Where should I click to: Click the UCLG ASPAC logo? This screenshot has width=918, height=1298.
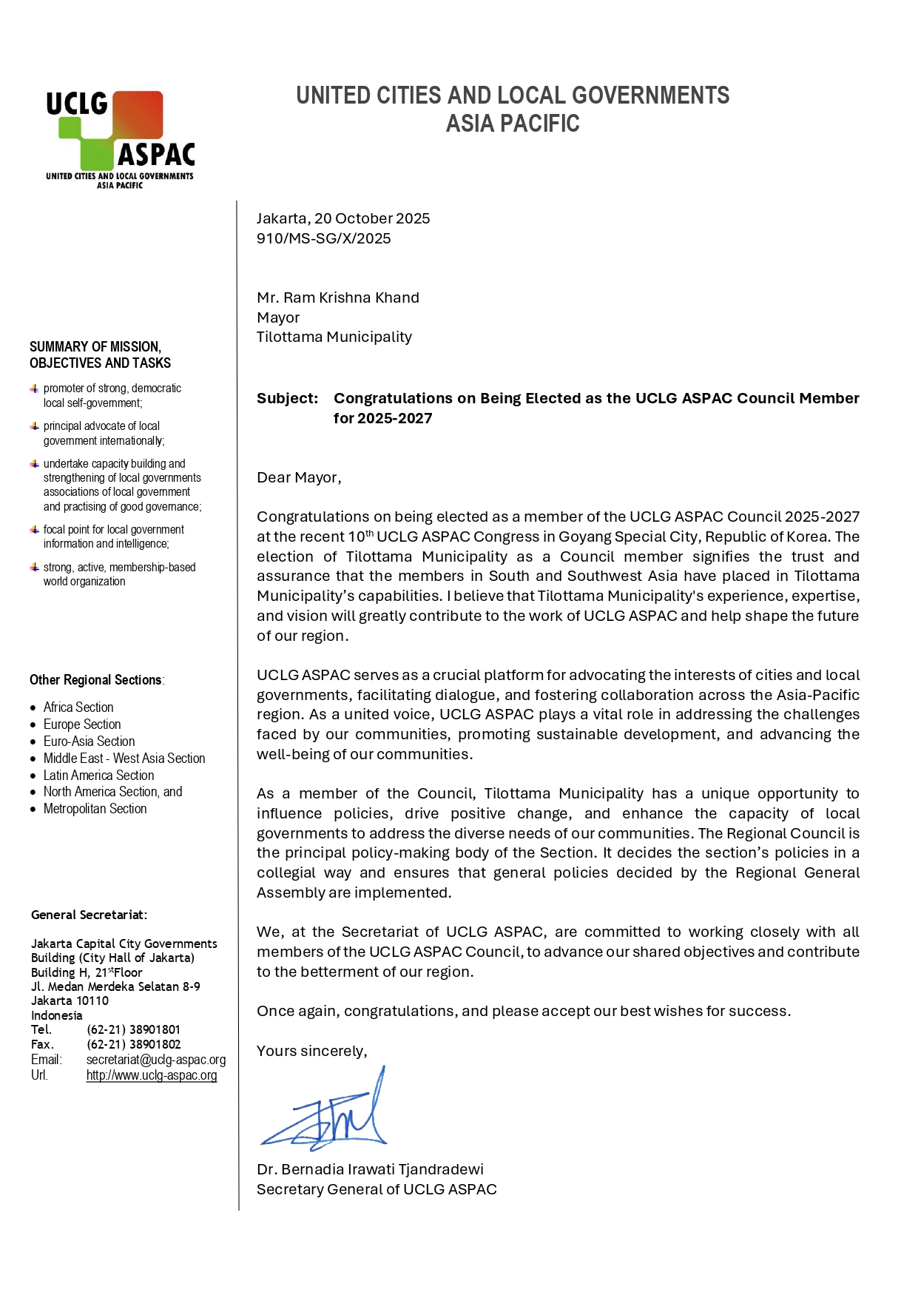120,139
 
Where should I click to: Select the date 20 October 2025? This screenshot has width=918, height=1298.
371,218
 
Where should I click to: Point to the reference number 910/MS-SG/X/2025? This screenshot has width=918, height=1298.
323,238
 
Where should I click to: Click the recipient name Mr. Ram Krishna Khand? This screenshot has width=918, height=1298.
337,297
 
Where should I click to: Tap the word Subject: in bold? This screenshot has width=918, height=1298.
287,398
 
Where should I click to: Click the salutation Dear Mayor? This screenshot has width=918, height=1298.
299,477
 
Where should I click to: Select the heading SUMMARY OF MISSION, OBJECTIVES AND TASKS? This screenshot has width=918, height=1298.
100,354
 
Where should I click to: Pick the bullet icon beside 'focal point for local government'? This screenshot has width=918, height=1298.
34,530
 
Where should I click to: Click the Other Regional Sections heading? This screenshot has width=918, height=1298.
96,680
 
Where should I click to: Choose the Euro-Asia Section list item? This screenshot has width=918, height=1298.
89,742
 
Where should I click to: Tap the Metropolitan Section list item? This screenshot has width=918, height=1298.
95,809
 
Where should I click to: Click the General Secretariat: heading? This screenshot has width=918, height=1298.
89,915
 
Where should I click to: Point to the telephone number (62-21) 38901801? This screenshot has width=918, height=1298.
133,1029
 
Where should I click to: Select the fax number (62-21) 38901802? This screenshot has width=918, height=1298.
133,1044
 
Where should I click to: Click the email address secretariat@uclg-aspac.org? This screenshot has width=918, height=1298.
155,1060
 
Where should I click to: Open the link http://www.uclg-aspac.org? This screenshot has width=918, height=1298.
152,1075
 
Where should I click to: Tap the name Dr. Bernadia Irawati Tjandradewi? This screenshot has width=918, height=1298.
370,1169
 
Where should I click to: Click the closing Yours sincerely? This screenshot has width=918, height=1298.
311,1051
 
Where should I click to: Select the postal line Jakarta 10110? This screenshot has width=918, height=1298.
70,1001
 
